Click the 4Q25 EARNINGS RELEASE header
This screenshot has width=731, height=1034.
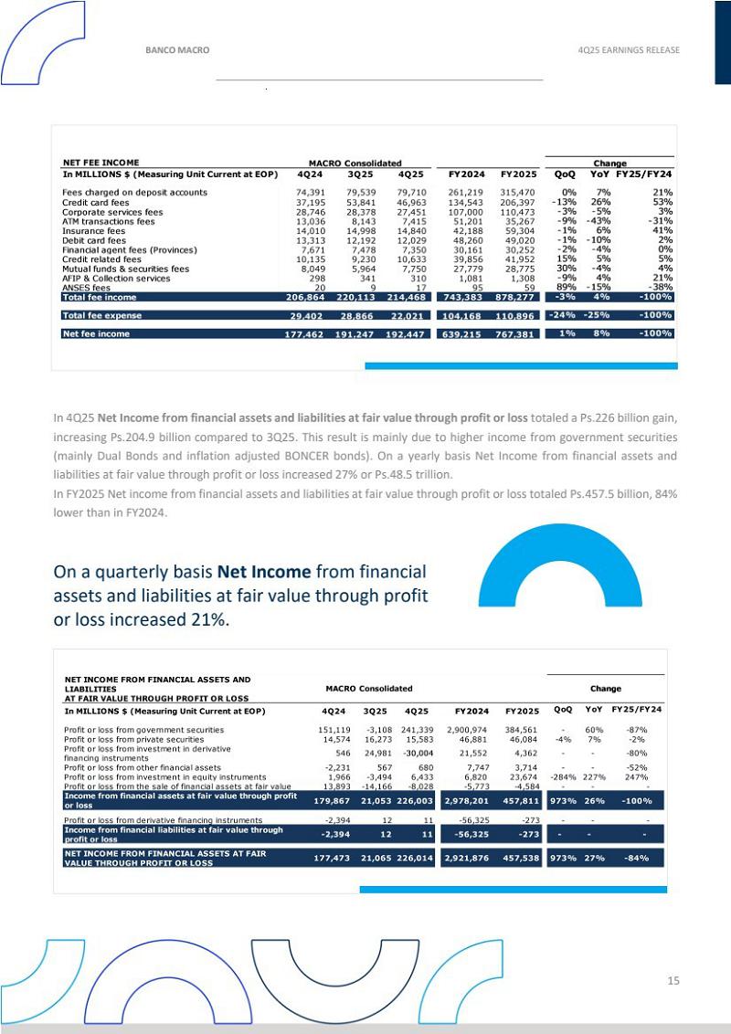629,50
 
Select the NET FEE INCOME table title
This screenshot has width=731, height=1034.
101,164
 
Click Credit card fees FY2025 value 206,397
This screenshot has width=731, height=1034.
516,202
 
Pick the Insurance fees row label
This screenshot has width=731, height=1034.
90,231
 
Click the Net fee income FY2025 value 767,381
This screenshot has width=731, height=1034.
516,333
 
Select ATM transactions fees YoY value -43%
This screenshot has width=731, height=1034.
599,221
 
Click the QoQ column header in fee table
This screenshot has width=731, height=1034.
564,174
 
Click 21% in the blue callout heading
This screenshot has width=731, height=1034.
208,619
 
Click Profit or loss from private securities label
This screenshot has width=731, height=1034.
133,739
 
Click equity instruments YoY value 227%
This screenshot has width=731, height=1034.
594,777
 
